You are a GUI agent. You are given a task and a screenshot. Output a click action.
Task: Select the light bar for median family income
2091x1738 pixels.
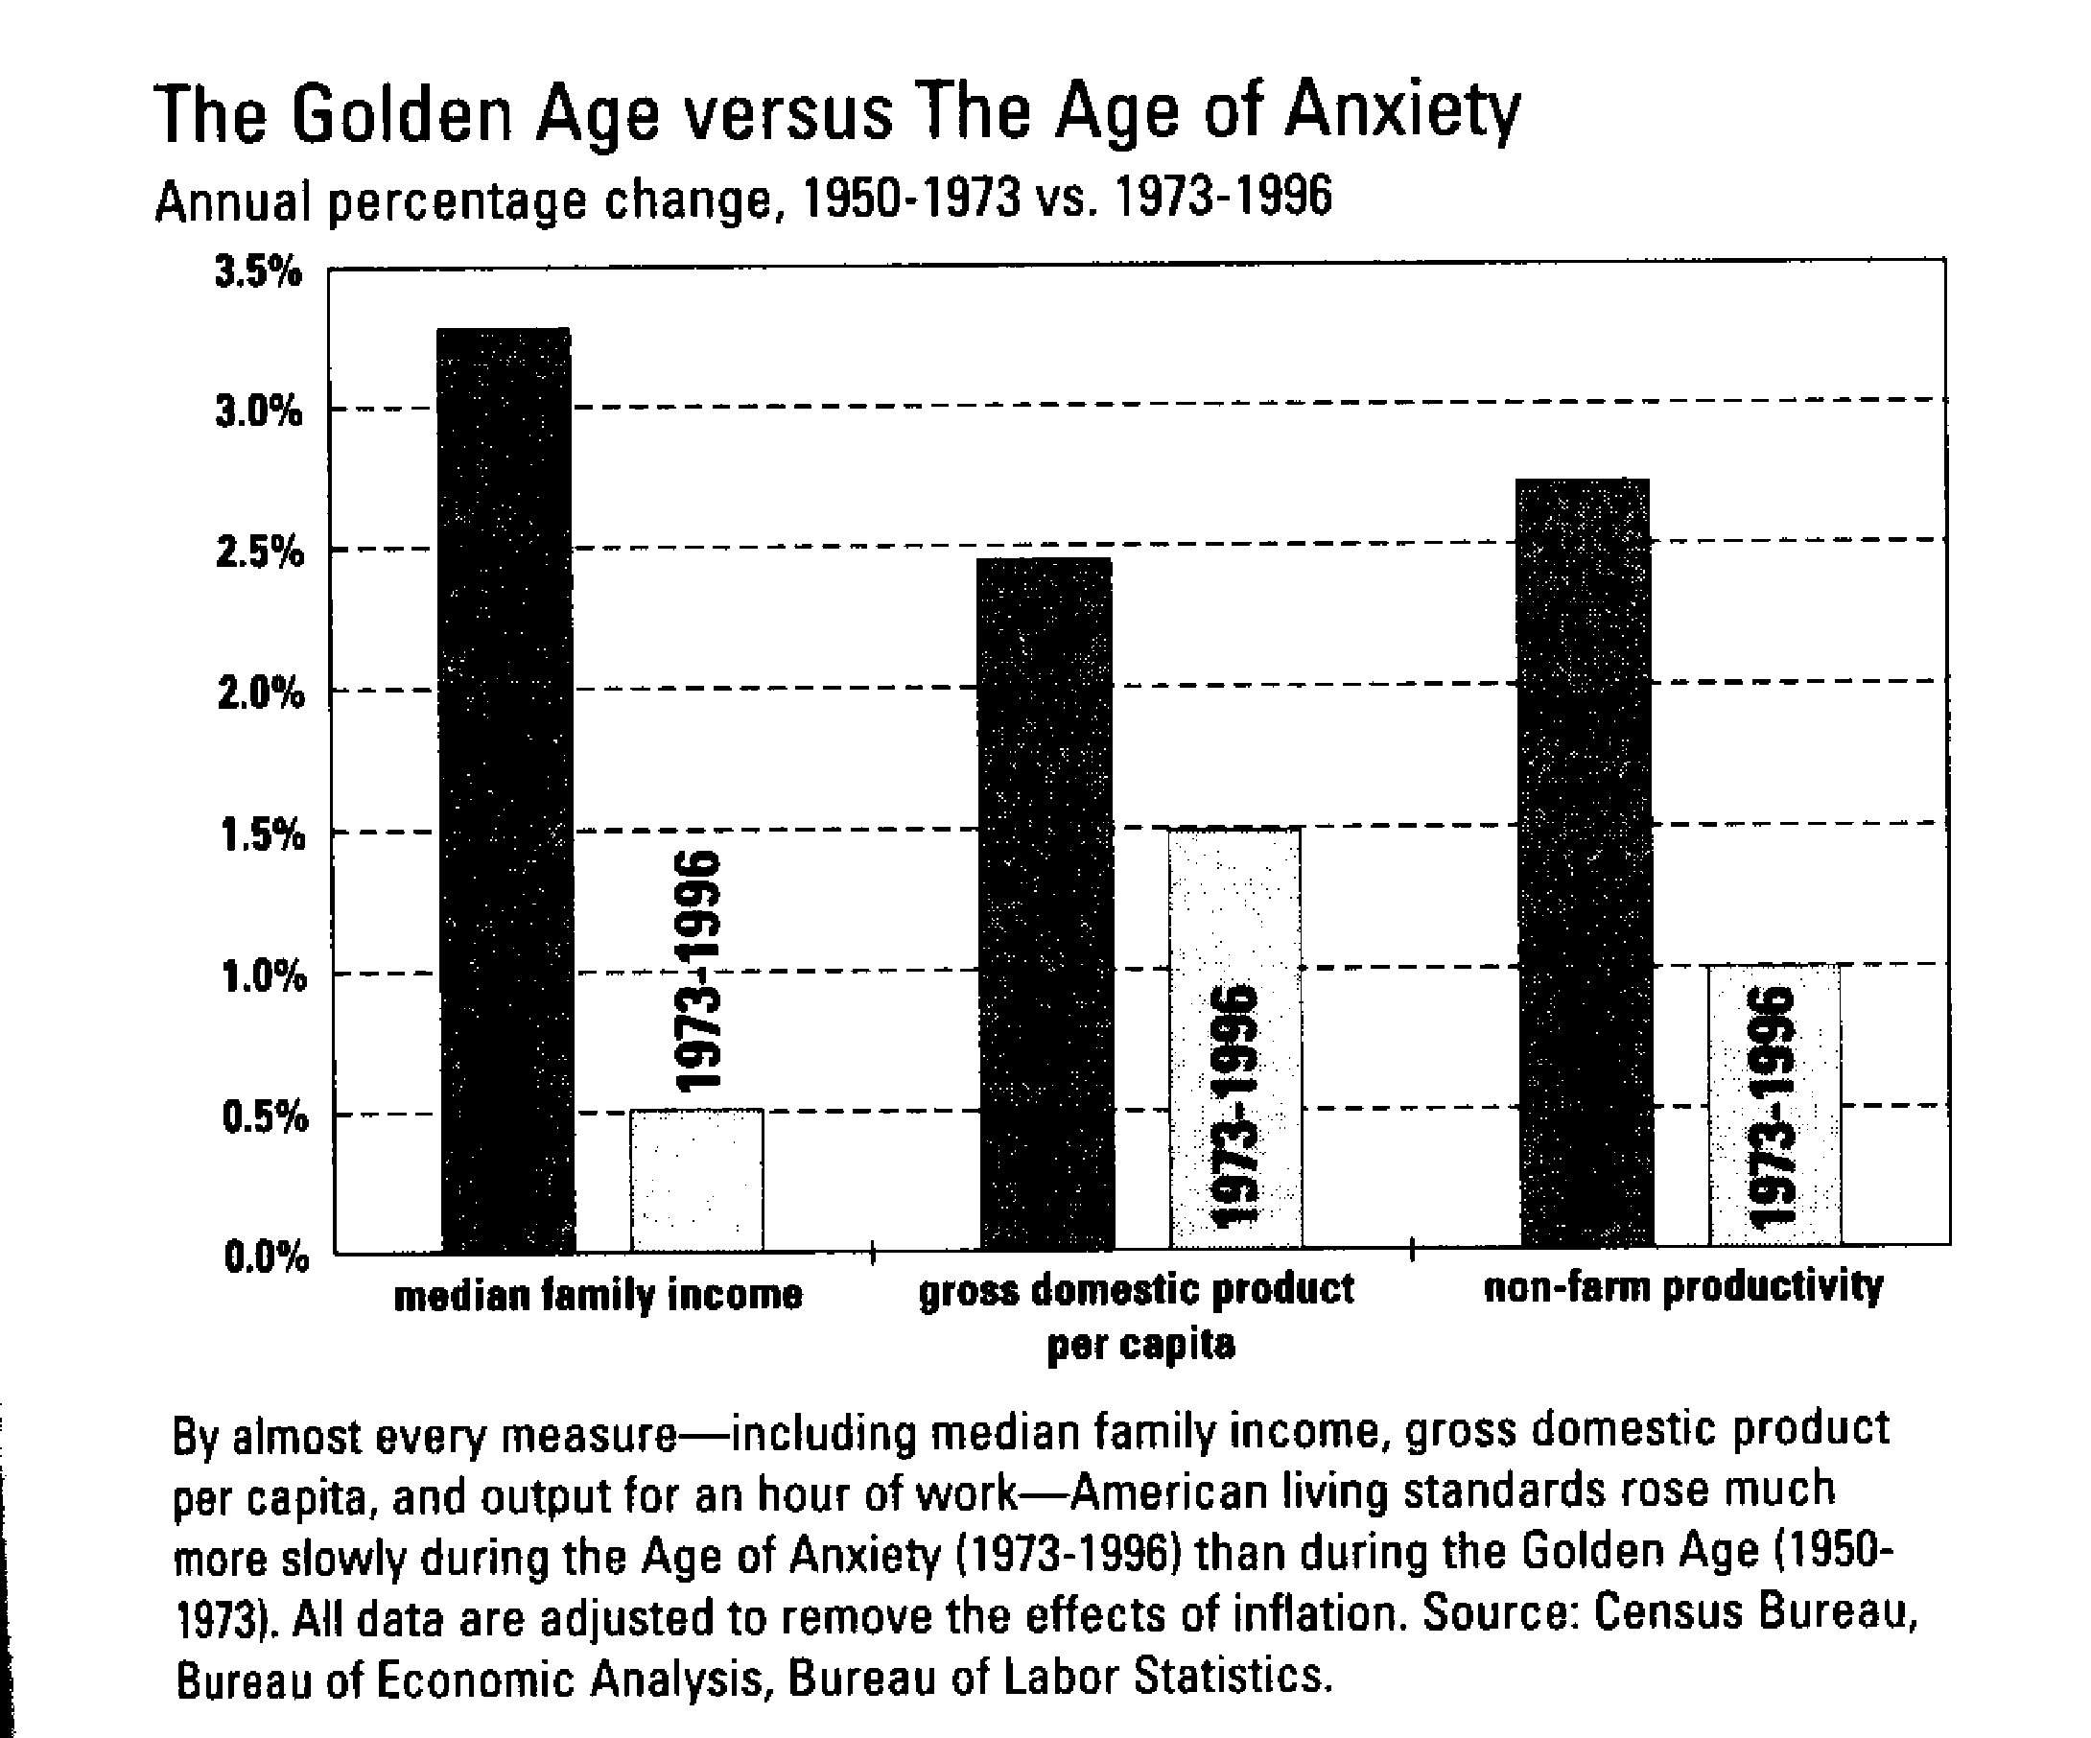click(696, 1180)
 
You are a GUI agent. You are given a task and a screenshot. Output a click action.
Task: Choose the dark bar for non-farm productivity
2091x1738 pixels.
click(1585, 862)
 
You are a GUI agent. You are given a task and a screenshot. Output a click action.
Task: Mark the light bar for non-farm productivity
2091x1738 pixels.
click(1774, 1105)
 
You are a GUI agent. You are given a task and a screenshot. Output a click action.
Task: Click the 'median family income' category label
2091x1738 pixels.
click(599, 1296)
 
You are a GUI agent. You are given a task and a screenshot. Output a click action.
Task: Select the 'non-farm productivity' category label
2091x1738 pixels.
click(1682, 1287)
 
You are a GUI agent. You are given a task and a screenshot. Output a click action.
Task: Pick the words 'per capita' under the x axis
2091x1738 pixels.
click(1141, 1345)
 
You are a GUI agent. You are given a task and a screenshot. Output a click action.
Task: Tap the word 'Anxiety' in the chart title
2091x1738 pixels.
click(1402, 112)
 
